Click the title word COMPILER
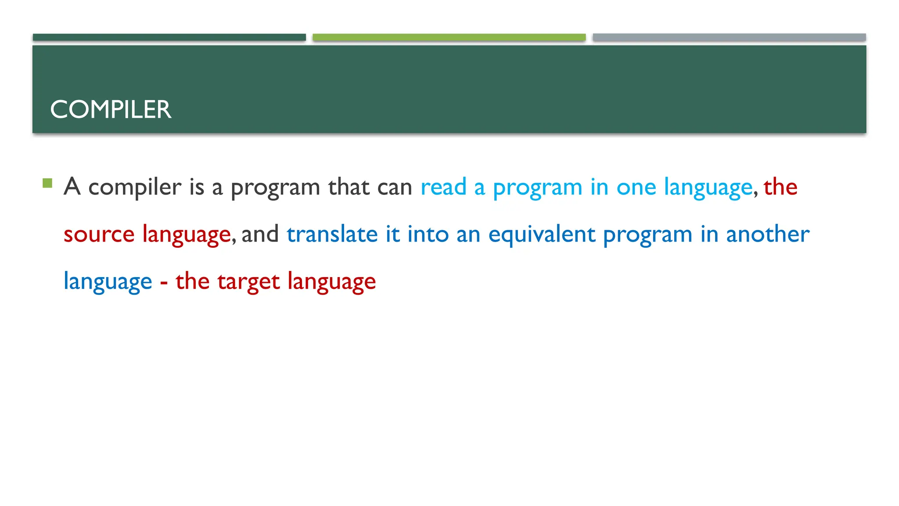(x=111, y=109)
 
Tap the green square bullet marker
(x=47, y=183)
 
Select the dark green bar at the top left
(x=169, y=37)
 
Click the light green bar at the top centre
(x=449, y=37)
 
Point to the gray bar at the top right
(x=729, y=37)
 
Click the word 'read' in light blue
(x=443, y=187)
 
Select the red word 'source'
(x=99, y=234)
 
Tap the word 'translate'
(x=332, y=234)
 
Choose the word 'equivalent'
(x=542, y=234)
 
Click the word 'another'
(x=768, y=234)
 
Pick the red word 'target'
(x=248, y=282)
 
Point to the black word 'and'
(x=260, y=234)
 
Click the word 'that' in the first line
(x=349, y=187)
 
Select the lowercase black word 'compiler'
(x=135, y=187)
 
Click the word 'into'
(x=428, y=234)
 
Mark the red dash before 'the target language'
(x=164, y=282)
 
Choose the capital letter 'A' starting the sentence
(x=72, y=186)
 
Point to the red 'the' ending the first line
(x=780, y=187)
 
